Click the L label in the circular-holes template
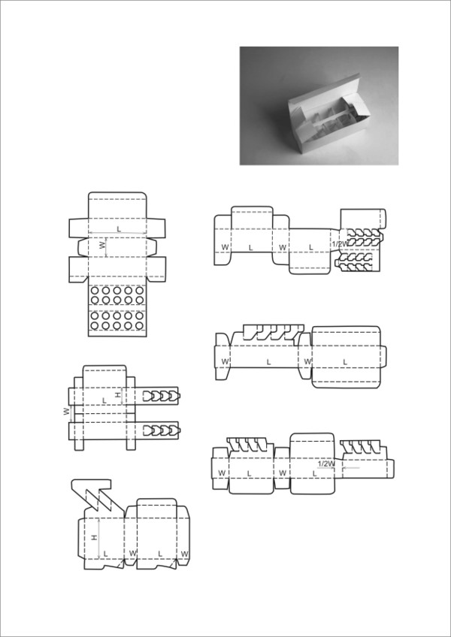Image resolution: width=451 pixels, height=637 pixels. click(119, 229)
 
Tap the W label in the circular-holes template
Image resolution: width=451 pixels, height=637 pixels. click(102, 245)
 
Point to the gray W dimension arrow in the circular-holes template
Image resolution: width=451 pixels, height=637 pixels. click(107, 247)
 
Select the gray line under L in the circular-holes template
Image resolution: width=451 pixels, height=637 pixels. click(117, 233)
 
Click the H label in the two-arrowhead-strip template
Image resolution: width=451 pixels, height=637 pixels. click(118, 395)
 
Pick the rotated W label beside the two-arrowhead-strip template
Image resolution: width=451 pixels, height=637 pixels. click(66, 412)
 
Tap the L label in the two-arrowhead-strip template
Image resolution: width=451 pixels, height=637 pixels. click(104, 400)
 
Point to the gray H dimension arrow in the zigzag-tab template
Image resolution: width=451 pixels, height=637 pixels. click(99, 538)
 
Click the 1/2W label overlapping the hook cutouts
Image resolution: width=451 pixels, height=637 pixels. click(340, 244)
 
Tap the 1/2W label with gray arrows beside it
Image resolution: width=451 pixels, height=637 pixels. click(326, 463)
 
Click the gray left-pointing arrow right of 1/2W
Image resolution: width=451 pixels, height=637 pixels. click(351, 468)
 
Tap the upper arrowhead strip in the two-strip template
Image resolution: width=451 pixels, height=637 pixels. click(162, 395)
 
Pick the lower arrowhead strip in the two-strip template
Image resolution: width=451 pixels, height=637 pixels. click(162, 430)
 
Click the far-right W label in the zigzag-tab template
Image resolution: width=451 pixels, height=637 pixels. click(185, 554)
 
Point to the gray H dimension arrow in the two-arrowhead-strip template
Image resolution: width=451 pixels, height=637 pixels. click(123, 396)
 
